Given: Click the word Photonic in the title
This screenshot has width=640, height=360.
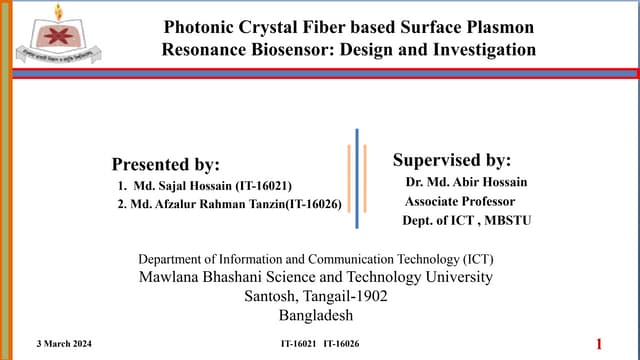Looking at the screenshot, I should coord(199,27).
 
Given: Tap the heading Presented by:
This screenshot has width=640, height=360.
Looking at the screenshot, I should coord(165,164).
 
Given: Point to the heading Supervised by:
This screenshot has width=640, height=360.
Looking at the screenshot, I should coord(451,160).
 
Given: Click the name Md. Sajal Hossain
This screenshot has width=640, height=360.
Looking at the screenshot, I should coord(180,185).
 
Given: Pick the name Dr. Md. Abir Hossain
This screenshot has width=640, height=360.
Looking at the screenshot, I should coord(466,182).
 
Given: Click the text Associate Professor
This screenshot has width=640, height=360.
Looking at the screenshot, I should coord(452,200).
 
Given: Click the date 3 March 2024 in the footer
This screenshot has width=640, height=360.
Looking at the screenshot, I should coord(56,343).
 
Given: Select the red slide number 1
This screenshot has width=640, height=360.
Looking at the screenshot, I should coord(599,344).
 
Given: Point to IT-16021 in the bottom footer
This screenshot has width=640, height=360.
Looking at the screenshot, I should coord(298,343).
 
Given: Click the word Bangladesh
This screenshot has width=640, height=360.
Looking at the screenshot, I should coord(315,315).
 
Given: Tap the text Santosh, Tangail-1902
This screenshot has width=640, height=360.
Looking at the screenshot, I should coord(315,296).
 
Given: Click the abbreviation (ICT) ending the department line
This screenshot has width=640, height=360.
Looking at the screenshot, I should coord(471,257).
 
